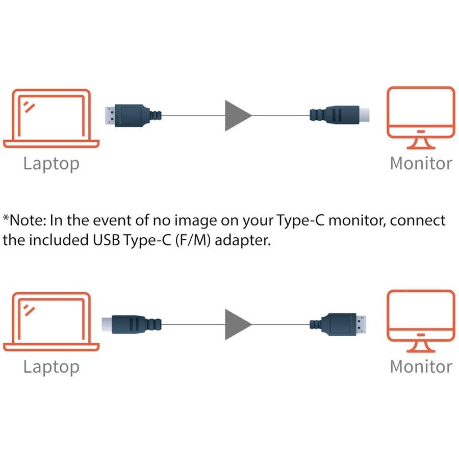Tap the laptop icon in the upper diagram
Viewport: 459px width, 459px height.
(51, 118)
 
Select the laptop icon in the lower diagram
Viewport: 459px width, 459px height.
(51, 321)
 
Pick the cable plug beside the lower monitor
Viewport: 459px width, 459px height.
(339, 323)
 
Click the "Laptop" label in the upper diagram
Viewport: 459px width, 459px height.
(51, 164)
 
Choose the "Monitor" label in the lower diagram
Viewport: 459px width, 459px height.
(421, 366)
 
